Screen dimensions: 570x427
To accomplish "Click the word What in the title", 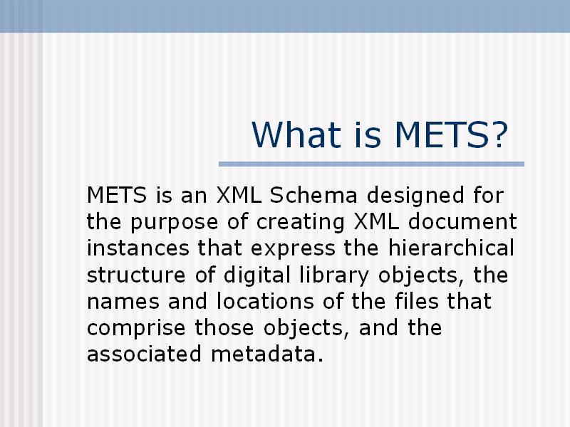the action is (296, 135).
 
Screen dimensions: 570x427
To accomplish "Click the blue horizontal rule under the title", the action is (371, 164).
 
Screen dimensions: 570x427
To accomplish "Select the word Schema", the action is (313, 195).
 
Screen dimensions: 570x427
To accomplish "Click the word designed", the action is (415, 195).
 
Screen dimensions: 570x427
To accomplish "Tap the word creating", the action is (300, 222).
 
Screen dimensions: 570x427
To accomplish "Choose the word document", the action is (462, 221).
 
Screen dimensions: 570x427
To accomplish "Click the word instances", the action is (138, 248).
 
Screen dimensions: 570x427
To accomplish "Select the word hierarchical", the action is (451, 248).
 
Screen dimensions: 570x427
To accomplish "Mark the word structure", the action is (136, 275).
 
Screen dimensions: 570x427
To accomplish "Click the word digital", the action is (257, 275).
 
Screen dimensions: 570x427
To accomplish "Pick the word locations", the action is (265, 301).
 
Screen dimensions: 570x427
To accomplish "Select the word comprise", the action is (136, 329).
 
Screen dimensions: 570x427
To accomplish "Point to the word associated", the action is (144, 354).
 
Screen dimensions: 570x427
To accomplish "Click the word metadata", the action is (266, 354).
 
